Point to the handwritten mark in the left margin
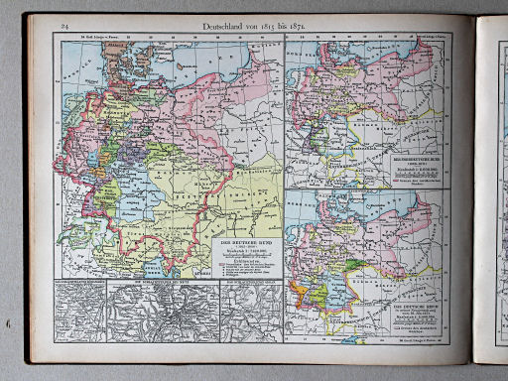[x=9, y=322]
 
